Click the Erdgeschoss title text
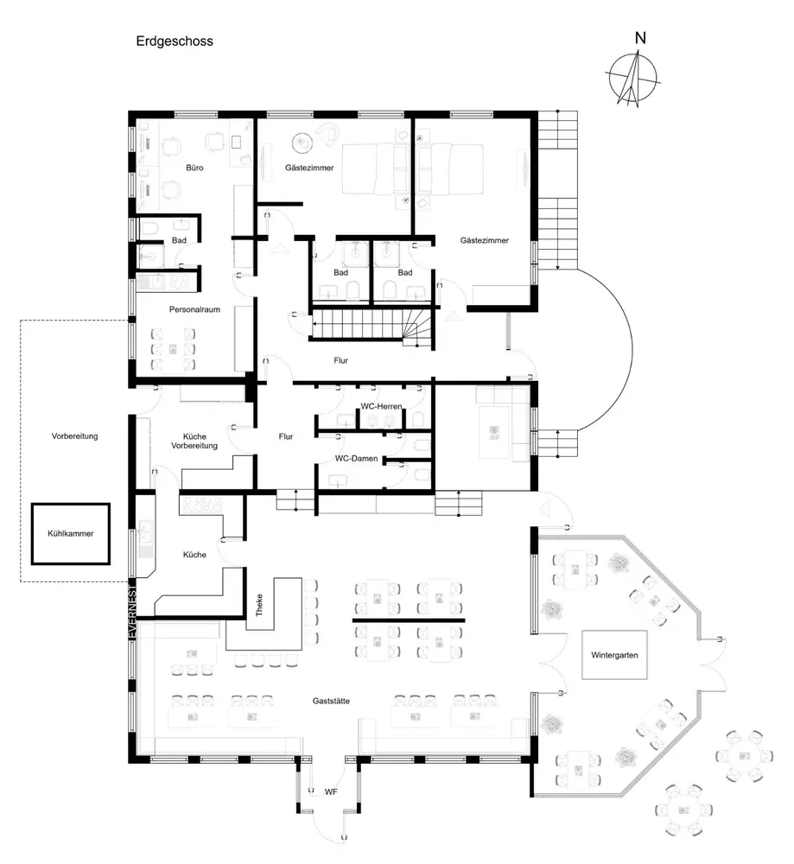click(174, 41)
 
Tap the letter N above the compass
click(640, 38)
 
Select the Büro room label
click(194, 168)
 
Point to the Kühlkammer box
click(71, 534)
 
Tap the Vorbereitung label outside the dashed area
click(75, 436)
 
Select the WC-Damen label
click(358, 459)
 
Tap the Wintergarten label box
click(614, 656)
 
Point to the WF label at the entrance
click(330, 791)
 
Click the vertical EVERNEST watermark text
click(133, 609)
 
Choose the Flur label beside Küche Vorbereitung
click(287, 437)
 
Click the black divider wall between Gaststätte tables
click(409, 620)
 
